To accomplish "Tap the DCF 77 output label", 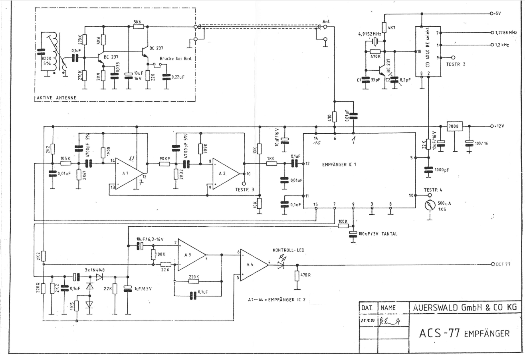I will [x=504, y=264].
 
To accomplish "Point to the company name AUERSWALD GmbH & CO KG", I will [x=465, y=307].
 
